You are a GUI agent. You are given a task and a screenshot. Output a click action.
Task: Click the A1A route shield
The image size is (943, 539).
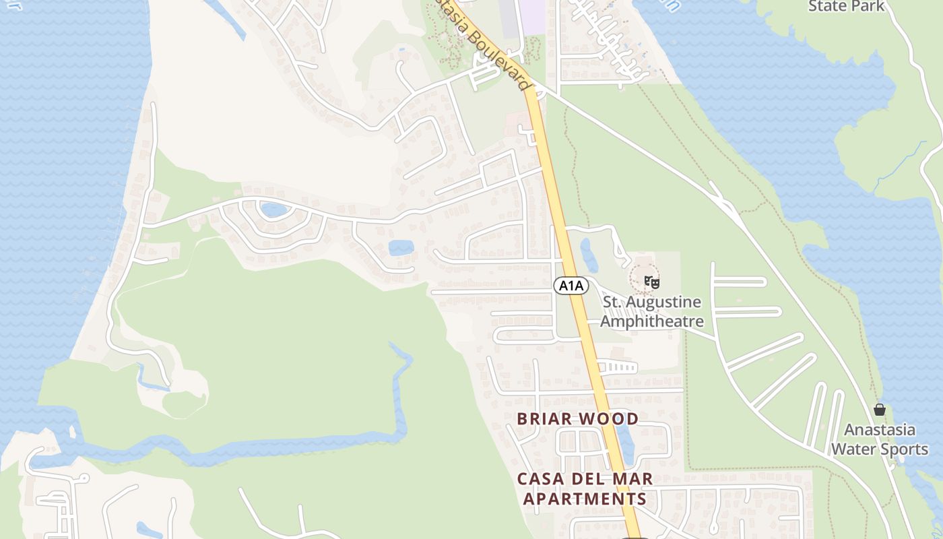[571, 286]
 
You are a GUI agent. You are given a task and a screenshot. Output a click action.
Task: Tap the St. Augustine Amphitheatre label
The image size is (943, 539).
[651, 311]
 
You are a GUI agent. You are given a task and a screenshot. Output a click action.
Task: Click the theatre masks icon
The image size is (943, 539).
[651, 282]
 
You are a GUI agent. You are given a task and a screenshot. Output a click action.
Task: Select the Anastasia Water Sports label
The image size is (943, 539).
[880, 439]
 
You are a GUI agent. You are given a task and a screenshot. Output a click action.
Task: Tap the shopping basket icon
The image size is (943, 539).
[880, 410]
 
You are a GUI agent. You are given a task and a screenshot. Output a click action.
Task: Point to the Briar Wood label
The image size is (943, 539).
[577, 418]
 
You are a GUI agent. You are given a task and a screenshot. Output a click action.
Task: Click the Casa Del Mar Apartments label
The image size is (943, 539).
[585, 489]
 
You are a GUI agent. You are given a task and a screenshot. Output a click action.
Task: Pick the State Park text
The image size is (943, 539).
[846, 6]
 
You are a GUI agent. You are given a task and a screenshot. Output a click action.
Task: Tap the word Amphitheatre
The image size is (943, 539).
[651, 321]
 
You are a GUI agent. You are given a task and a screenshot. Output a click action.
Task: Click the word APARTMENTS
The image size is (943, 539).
[585, 499]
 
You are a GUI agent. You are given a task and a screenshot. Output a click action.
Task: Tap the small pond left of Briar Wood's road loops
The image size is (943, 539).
[401, 247]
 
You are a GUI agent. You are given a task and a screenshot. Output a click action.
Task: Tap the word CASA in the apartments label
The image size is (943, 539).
[541, 479]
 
